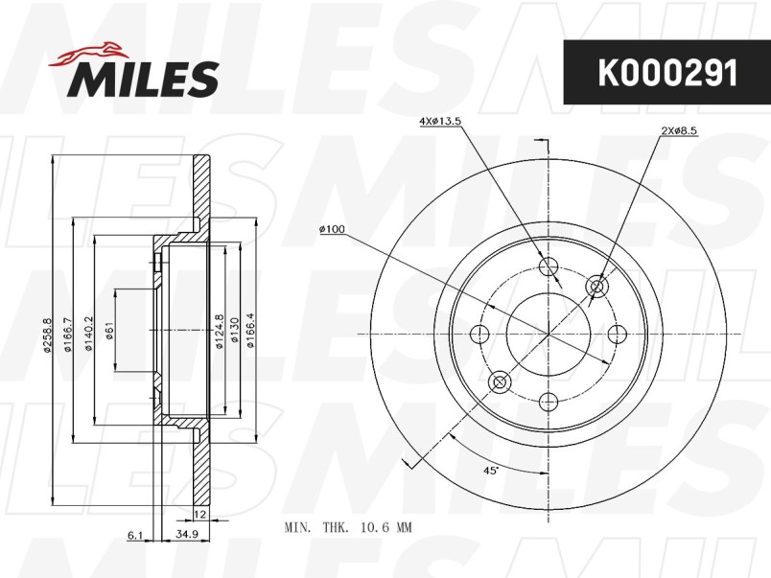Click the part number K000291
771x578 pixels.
(667, 73)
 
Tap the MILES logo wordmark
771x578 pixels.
(143, 80)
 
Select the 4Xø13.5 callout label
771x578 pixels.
(440, 121)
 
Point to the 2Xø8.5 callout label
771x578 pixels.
(680, 130)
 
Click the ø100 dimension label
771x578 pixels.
(333, 229)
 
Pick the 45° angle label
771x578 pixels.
(491, 471)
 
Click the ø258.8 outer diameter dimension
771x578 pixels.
(47, 335)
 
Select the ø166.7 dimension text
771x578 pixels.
(68, 335)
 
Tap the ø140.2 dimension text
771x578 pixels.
(88, 335)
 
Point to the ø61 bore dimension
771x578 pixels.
(109, 331)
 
